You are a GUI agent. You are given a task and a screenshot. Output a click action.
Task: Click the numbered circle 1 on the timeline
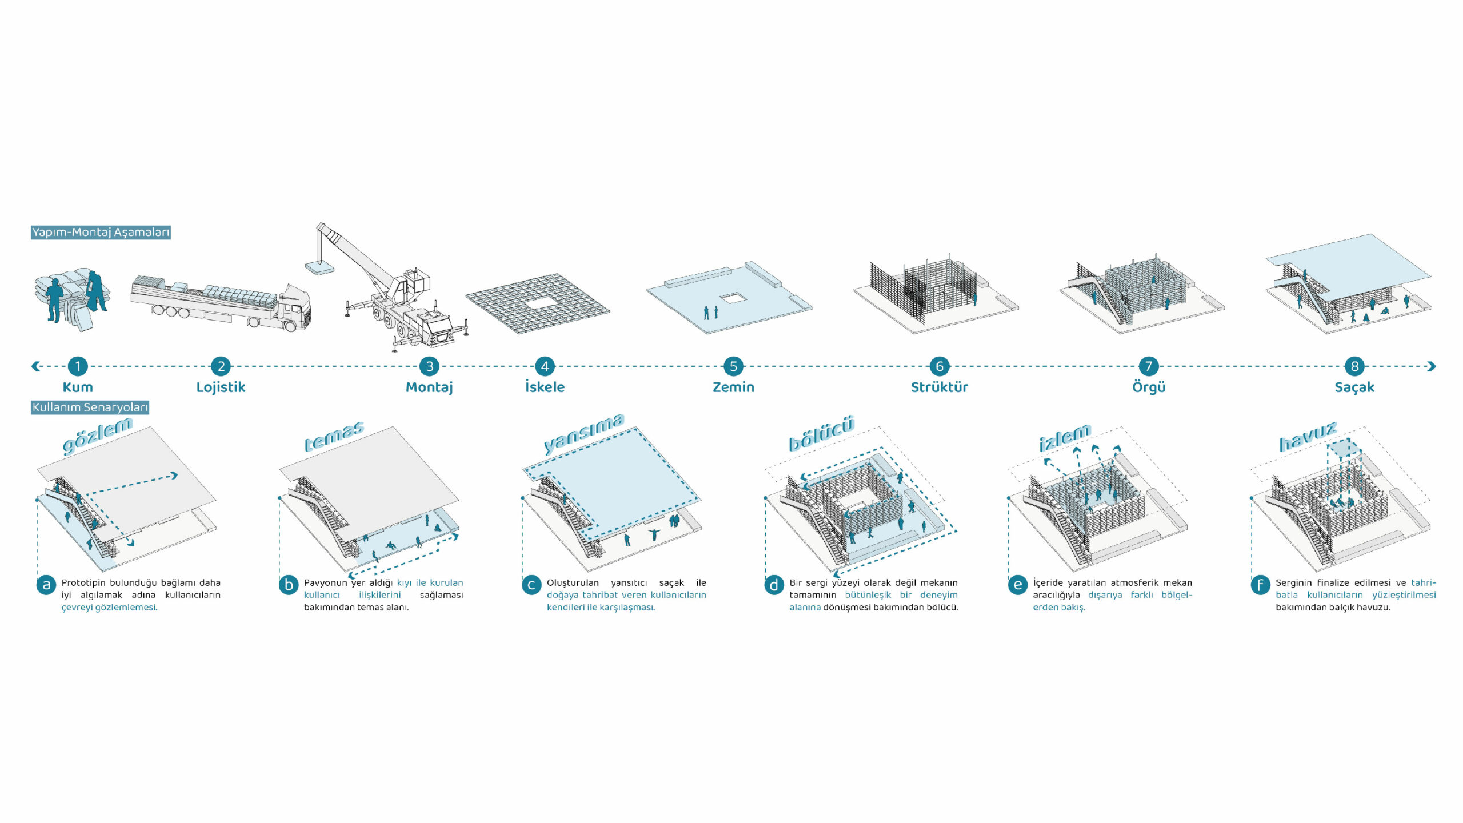[78, 366]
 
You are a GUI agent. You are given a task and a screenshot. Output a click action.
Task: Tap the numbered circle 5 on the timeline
[733, 366]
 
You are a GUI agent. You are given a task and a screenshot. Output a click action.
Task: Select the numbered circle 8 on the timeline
[1354, 366]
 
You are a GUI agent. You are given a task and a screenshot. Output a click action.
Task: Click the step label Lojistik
[221, 387]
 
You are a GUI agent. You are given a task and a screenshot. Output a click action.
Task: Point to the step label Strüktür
[939, 387]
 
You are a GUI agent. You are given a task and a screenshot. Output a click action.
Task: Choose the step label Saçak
[1354, 387]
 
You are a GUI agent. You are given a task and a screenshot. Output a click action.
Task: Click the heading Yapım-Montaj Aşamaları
[101, 233]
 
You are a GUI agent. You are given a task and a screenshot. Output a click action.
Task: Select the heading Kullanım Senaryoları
[90, 407]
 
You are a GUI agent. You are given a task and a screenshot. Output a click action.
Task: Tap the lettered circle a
[46, 585]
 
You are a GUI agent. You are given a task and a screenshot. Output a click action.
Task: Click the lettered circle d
[774, 585]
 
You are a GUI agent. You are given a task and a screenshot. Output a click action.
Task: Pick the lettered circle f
[1260, 585]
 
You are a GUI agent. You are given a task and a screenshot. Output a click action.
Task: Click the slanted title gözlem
[97, 435]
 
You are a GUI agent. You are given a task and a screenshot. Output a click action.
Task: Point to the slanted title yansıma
[583, 433]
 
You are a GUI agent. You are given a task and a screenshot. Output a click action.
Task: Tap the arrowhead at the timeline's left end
[35, 366]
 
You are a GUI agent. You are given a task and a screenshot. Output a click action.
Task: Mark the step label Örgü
[1148, 387]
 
